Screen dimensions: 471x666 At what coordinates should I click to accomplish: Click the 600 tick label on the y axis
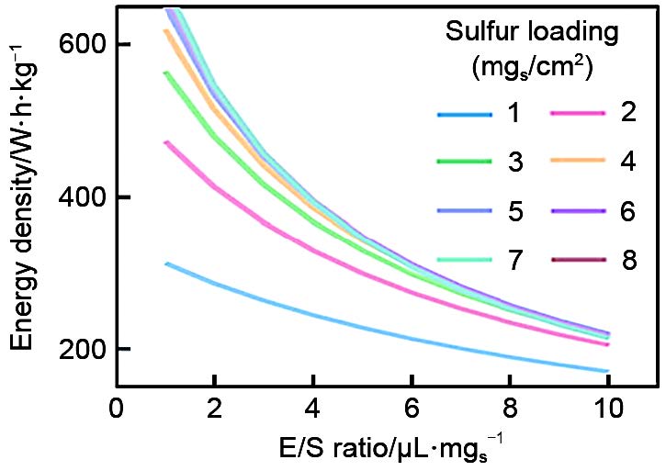click(82, 45)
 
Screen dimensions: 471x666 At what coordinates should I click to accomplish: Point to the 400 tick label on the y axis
click(82, 197)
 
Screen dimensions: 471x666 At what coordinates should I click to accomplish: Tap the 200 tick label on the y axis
click(82, 350)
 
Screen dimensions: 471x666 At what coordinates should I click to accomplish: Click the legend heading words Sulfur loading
click(531, 32)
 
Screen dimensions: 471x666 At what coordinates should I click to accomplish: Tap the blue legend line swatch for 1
click(466, 115)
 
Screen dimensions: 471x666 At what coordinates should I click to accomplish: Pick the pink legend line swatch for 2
click(578, 114)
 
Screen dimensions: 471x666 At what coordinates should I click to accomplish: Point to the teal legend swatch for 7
click(466, 261)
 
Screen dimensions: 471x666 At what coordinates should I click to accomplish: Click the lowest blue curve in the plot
click(367, 331)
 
